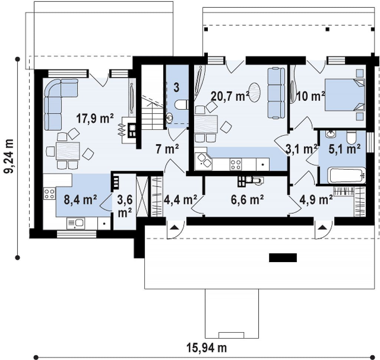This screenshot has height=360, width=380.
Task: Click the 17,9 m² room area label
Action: pos(95,119)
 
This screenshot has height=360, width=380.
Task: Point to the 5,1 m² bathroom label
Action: pos(344,149)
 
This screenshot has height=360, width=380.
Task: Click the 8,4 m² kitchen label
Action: pos(81,199)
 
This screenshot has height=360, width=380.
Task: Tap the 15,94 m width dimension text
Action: pos(207,348)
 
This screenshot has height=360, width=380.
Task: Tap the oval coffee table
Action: pos(255,93)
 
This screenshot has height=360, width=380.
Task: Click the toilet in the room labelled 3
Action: pos(181,105)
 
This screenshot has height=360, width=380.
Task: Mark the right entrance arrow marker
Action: pos(322,227)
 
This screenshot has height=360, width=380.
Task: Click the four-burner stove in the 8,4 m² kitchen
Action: pos(49,194)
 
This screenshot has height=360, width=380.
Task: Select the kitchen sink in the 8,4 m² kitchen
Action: pos(76,224)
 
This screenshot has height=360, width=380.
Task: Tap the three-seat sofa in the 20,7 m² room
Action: pos(276,93)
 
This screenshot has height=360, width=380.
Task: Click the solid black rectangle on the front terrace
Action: pos(283,258)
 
